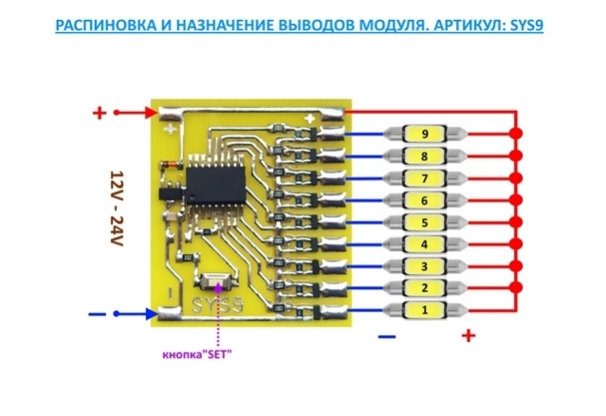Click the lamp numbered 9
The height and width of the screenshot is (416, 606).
[423, 134]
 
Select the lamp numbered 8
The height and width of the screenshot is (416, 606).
[423, 155]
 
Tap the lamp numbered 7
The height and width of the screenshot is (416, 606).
[423, 177]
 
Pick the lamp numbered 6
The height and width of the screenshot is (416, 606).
[423, 200]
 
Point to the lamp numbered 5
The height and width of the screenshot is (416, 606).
[423, 223]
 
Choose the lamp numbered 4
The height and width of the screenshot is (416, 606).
[423, 244]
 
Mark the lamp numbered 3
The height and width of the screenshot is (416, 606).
[423, 266]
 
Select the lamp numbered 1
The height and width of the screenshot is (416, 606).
[423, 310]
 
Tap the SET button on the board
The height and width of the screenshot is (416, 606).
[217, 281]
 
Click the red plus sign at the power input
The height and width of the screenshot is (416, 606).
[99, 113]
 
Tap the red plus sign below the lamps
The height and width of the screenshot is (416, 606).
[468, 335]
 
